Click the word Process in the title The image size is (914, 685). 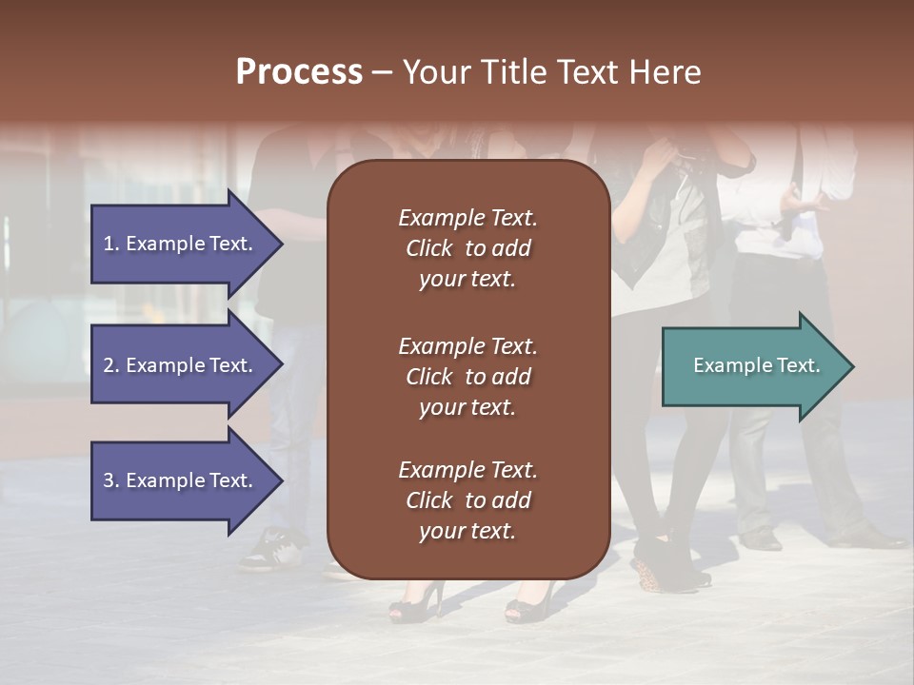299,72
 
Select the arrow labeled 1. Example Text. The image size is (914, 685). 181,244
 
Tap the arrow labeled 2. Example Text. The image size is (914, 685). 181,365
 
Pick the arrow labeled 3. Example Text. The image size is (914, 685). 181,480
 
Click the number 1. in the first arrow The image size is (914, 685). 111,244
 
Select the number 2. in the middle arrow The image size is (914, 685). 111,365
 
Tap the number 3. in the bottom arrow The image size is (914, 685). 111,480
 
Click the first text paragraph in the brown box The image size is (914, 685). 467,248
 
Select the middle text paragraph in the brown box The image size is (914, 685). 467,377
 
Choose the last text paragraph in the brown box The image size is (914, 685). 467,500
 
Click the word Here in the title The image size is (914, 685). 666,72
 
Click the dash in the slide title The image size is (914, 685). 382,73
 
